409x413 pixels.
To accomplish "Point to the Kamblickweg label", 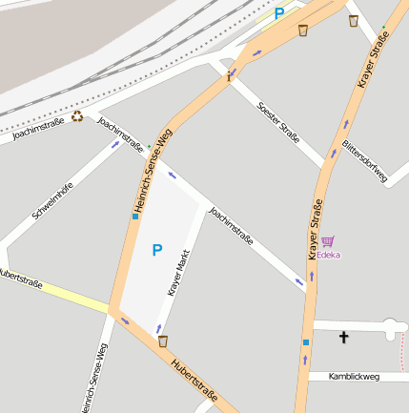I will pos(354,377).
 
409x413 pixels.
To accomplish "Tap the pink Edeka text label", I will pos(329,255).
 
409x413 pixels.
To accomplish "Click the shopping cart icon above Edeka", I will pos(328,241).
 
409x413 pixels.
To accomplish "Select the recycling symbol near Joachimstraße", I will pos(77,118).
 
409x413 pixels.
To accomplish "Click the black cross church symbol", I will pos(344,337).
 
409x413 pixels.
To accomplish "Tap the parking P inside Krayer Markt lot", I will pos(157,250).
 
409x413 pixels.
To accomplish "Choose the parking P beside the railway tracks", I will pos(279,13).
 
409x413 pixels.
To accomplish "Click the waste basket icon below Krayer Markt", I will pos(163,341).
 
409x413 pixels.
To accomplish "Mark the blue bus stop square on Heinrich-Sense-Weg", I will pos(135,216).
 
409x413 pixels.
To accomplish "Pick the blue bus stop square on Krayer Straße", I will pos(306,341).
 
